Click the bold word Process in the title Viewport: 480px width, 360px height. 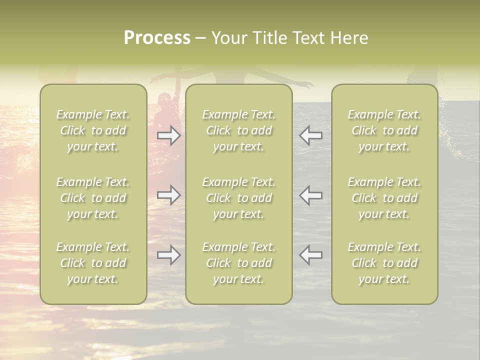[x=157, y=38]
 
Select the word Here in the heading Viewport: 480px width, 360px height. [x=350, y=38]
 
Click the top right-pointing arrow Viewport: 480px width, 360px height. [x=169, y=135]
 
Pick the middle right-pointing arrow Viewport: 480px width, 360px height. [x=169, y=195]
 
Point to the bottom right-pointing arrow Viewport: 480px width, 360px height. [x=169, y=255]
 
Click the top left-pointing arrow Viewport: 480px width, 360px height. [x=310, y=135]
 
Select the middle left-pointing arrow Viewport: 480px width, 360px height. [x=310, y=195]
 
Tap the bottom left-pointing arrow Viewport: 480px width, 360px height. [x=310, y=255]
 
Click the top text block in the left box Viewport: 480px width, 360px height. [x=93, y=130]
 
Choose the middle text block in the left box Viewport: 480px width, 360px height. [x=93, y=198]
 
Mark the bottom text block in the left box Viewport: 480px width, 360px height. [x=93, y=263]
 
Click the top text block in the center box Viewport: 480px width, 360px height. [x=239, y=130]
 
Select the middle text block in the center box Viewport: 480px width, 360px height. [x=239, y=198]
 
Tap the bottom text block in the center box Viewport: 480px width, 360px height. [x=239, y=263]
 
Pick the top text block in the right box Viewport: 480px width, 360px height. [x=384, y=130]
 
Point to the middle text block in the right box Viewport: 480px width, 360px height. [x=384, y=198]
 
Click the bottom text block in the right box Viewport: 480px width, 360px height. [x=384, y=263]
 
